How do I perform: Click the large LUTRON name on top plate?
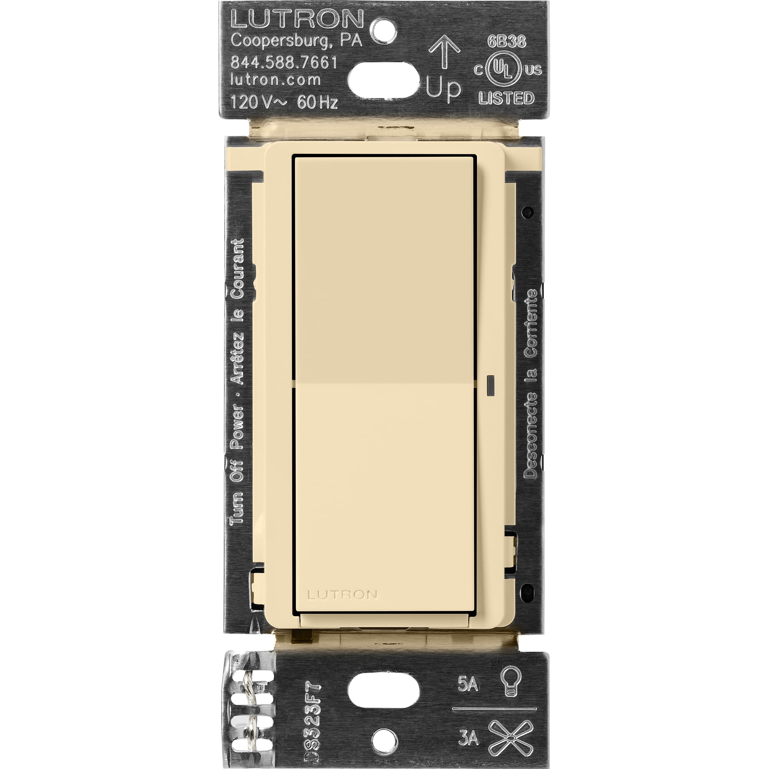pyautogui.click(x=297, y=19)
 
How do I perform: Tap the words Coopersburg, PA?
pyautogui.click(x=296, y=41)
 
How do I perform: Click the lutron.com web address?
pyautogui.click(x=275, y=80)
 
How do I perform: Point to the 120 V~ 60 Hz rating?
pyautogui.click(x=284, y=102)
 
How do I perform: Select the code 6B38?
pyautogui.click(x=506, y=42)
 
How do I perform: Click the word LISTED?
pyautogui.click(x=506, y=98)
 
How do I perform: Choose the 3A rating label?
pyautogui.click(x=468, y=727)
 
